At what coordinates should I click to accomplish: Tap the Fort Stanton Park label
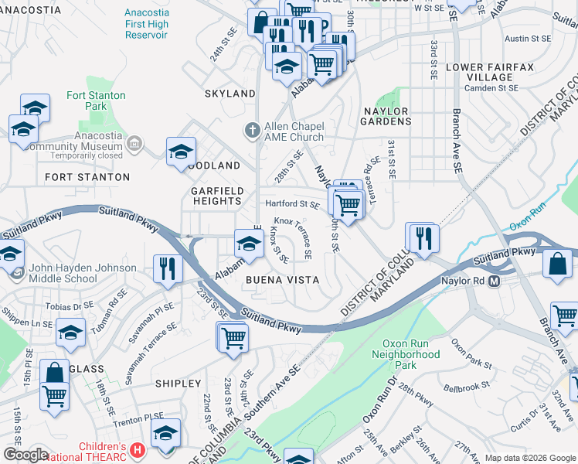click(97, 101)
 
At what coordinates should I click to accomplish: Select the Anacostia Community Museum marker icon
click(134, 143)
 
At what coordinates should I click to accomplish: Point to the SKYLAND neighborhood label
click(229, 94)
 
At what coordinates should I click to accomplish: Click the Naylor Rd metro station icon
click(494, 281)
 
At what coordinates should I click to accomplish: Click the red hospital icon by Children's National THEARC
click(138, 449)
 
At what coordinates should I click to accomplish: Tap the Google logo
click(25, 455)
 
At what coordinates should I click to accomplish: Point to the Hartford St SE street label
click(292, 204)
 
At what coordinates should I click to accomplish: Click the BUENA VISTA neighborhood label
click(281, 279)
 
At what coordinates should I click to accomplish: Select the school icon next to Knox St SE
click(248, 243)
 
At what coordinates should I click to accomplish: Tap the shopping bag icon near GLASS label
click(55, 371)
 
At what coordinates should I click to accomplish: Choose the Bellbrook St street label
click(466, 385)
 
